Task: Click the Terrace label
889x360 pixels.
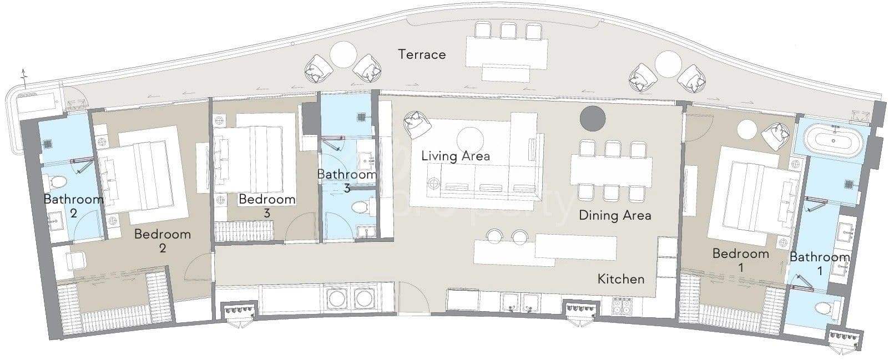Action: point(422,54)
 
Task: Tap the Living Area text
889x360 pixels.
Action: point(456,156)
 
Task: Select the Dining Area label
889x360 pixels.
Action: point(615,215)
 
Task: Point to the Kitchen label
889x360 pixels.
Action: point(621,279)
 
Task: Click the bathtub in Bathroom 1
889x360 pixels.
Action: point(833,140)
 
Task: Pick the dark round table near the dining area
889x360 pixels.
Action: point(593,118)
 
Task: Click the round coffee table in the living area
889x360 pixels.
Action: point(470,140)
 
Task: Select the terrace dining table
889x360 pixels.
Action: point(507,52)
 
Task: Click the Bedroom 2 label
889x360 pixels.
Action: point(163,241)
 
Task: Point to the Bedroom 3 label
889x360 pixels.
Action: point(267,206)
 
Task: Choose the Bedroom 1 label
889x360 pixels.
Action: point(741,260)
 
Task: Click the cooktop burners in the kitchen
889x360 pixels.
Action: point(622,306)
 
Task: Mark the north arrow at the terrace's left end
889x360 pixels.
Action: point(24,78)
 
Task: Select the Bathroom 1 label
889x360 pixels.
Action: point(820,263)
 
